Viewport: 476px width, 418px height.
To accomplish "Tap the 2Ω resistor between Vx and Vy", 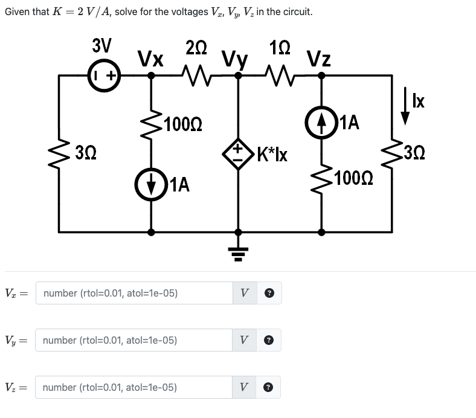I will [x=195, y=76].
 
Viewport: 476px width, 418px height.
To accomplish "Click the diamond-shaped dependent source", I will [x=239, y=153].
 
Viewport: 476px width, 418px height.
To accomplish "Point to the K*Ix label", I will [x=272, y=154].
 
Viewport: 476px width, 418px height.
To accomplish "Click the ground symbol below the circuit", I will [x=239, y=251].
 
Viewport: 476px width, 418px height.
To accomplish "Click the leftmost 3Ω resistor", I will [x=59, y=150].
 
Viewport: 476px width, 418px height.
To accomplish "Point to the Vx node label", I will [x=150, y=59].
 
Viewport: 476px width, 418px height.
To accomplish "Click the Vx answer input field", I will [x=133, y=293].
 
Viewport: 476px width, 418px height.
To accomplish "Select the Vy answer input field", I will [x=133, y=340].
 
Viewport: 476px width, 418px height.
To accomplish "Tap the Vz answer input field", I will [x=133, y=387].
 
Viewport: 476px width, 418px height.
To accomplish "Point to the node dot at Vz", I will [x=321, y=76].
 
